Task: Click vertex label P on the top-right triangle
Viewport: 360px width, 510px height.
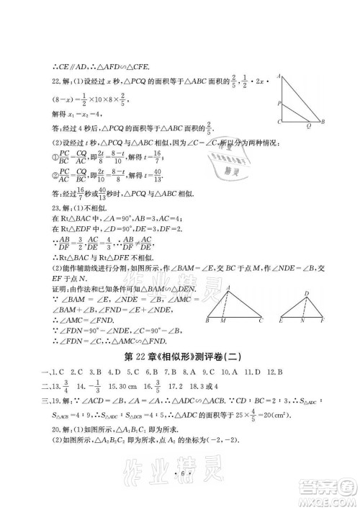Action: click(x=277, y=102)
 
